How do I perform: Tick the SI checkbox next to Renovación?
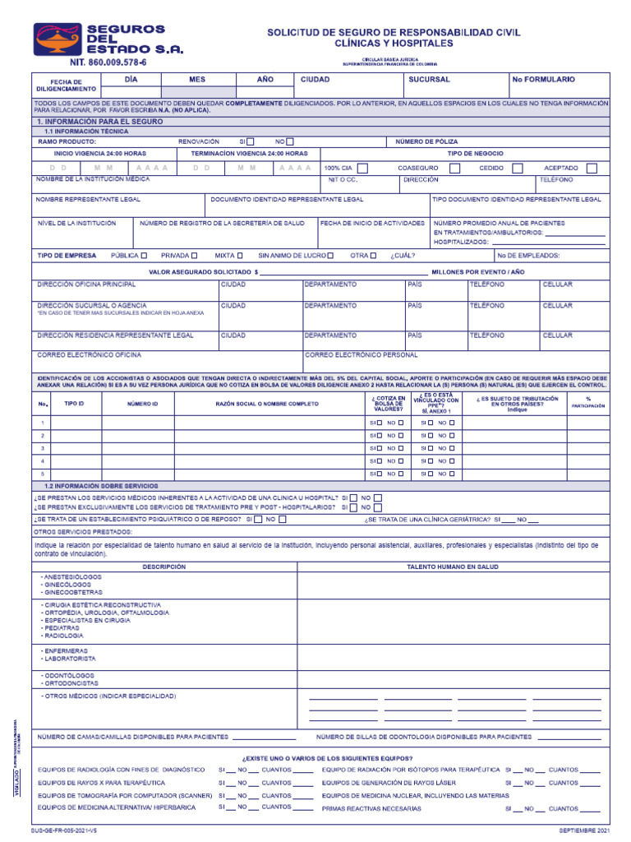pos(251,141)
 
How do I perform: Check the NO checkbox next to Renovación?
pos(289,141)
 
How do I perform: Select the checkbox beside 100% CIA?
pos(362,168)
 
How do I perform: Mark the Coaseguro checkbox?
pos(447,168)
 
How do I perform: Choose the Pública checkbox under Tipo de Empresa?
pos(145,256)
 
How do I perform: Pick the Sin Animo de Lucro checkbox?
pos(330,256)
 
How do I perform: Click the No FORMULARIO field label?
pos(544,80)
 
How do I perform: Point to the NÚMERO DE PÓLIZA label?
pos(427,141)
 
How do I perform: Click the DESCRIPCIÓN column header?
pos(164,567)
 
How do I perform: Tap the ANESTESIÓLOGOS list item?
pos(71,578)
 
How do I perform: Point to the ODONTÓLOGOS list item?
pos(68,674)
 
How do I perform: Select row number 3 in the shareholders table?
pos(43,448)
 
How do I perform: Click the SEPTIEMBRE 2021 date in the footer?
pos(584,832)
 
